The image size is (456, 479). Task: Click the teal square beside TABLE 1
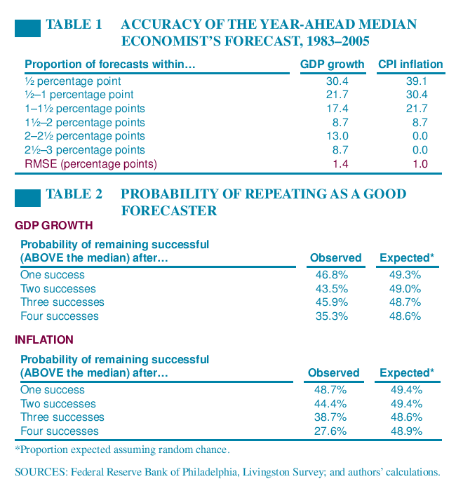click(27, 29)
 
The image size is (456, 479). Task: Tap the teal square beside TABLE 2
click(27, 198)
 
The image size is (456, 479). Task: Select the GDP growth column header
click(332, 65)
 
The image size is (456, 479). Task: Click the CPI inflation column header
click(410, 65)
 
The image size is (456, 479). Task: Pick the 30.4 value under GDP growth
click(337, 81)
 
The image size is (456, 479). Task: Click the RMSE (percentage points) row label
click(91, 163)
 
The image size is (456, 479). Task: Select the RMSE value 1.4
click(340, 163)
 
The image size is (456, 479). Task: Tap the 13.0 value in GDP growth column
click(337, 136)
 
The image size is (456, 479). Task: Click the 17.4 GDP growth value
click(337, 109)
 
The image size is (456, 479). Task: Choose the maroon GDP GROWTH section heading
click(54, 226)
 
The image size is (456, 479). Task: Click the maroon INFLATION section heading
click(44, 340)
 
